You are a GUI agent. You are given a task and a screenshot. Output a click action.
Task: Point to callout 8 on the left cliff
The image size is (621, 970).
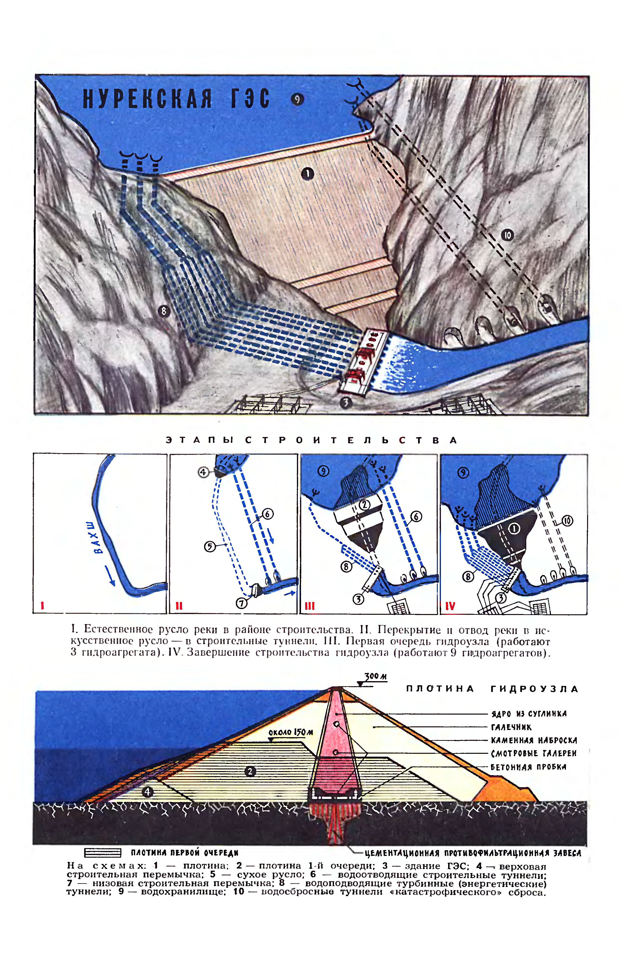164,311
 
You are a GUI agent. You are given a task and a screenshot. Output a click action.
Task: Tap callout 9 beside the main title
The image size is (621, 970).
298,99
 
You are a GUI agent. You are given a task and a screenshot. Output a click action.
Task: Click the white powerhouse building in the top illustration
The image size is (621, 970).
362,362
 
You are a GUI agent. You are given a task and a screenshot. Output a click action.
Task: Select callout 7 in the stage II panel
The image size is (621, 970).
241,603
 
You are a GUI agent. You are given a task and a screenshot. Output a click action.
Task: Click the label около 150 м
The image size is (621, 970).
291,732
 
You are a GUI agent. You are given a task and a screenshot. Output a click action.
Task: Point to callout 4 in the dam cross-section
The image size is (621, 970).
148,792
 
